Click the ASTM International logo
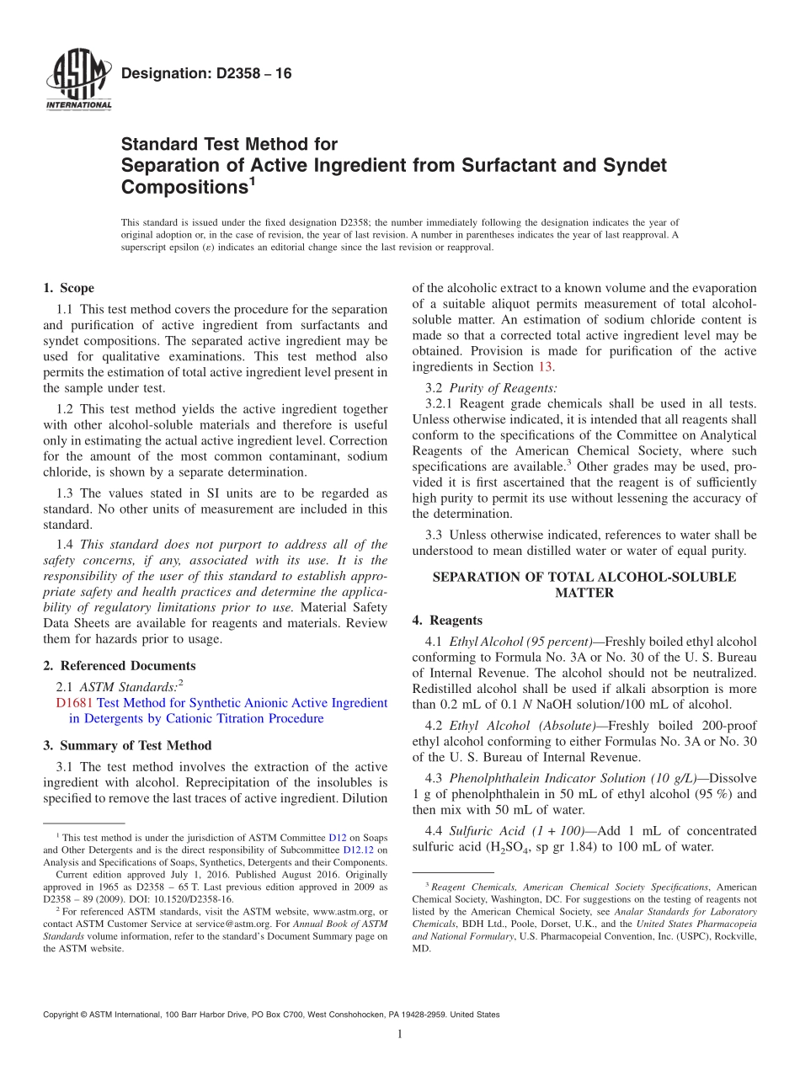click(77, 80)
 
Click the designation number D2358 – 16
click(206, 74)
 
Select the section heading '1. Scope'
click(69, 288)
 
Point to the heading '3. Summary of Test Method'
click(127, 745)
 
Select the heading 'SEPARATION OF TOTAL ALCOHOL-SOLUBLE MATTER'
click(584, 585)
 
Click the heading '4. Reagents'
click(447, 621)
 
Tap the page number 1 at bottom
click(400, 1035)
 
